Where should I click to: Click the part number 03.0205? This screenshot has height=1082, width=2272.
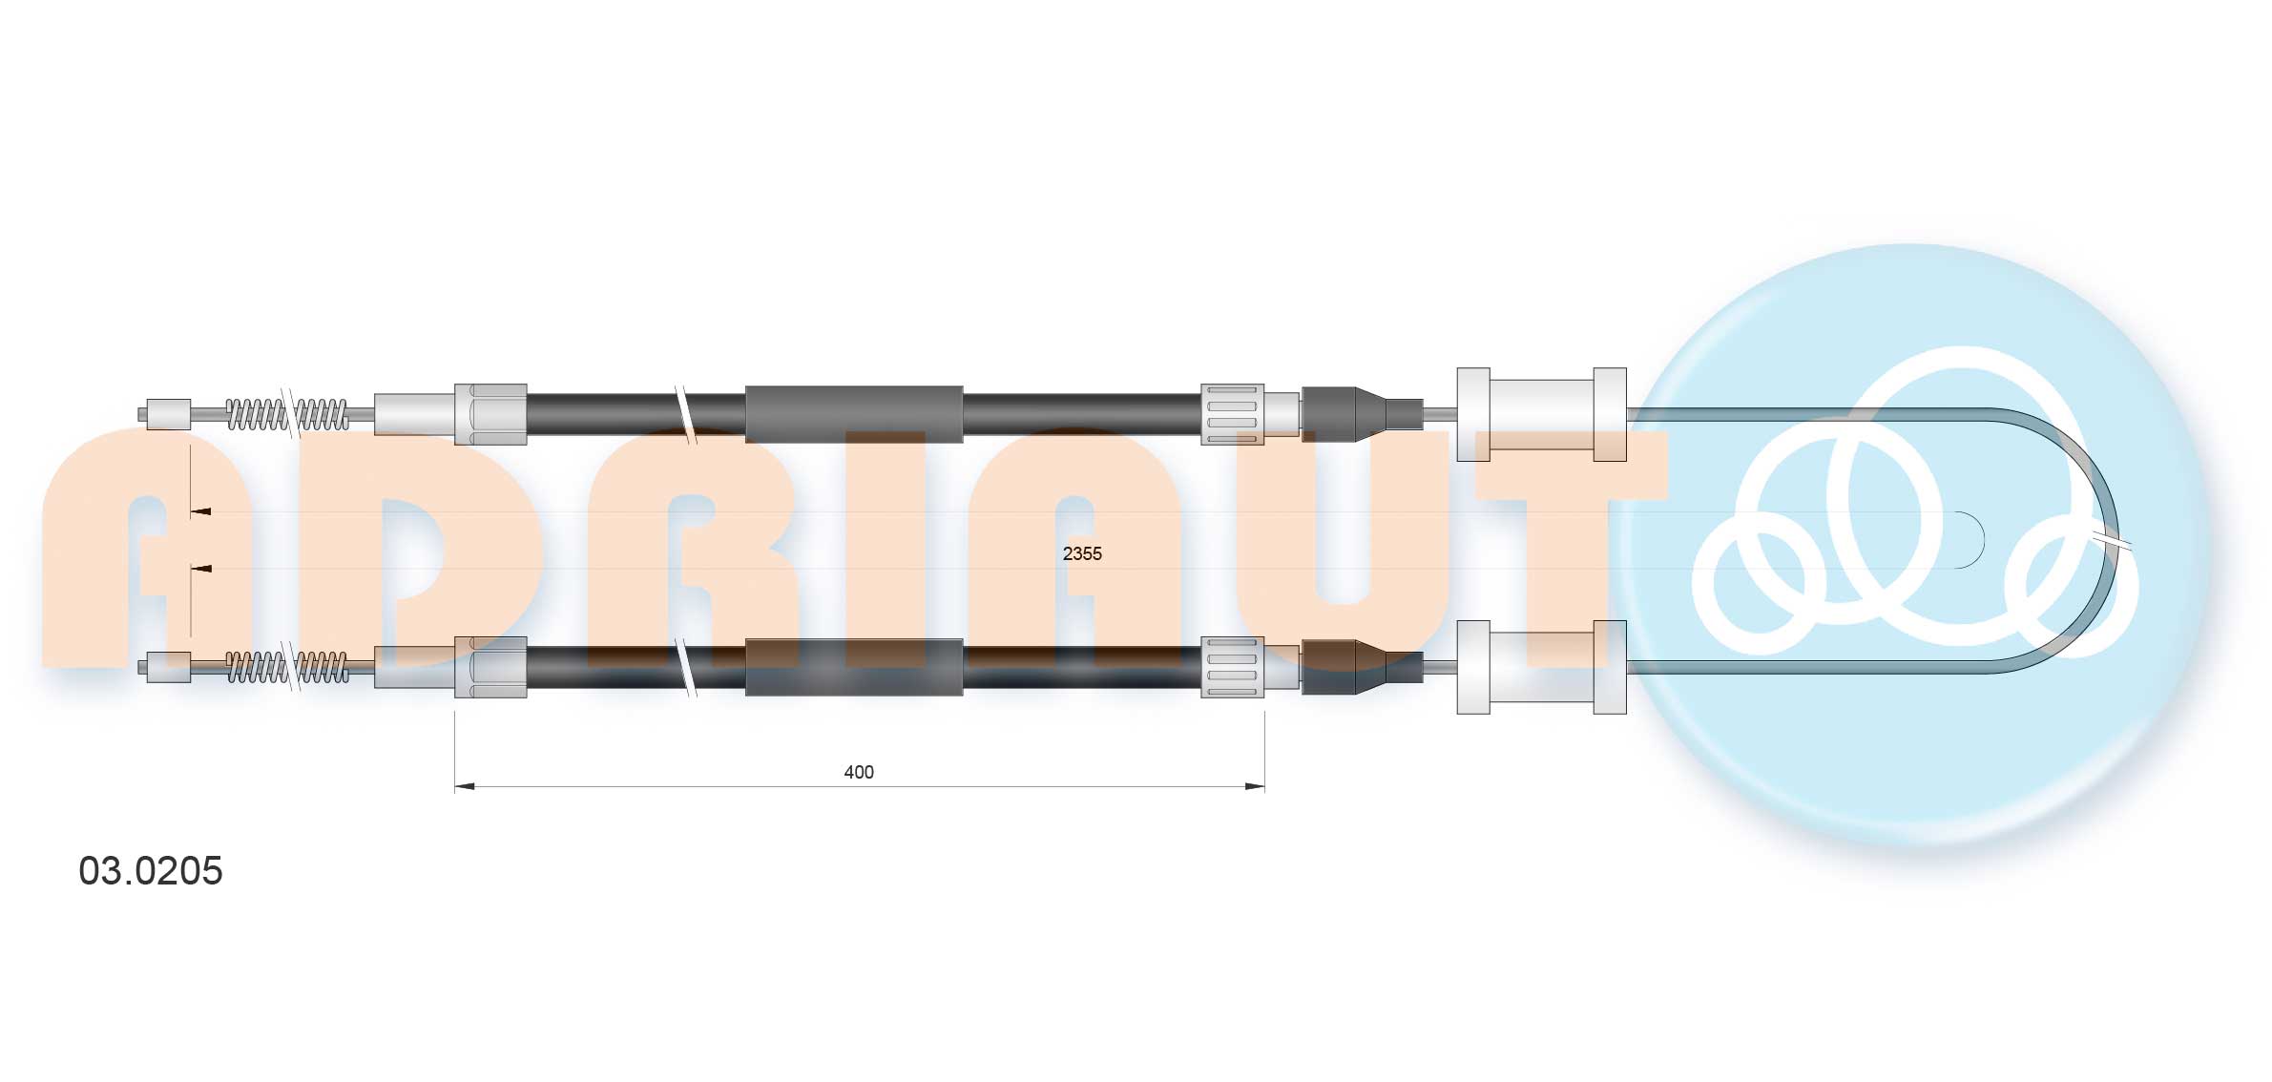151,870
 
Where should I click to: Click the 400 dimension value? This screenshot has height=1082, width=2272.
858,772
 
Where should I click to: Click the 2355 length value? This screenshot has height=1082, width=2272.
1081,553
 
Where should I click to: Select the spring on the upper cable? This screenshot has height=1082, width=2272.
286,414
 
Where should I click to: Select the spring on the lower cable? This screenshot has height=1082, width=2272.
286,667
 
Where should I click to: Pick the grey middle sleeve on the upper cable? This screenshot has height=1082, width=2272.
853,414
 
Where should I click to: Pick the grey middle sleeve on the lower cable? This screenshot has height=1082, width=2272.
853,667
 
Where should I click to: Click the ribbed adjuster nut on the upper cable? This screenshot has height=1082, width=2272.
1232,414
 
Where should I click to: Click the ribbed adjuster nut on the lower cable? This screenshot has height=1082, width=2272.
1232,667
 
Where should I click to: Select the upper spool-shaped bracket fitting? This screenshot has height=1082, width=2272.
1541,414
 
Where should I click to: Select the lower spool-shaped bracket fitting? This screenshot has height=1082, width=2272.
1541,667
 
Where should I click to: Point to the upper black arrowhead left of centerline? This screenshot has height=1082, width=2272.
201,512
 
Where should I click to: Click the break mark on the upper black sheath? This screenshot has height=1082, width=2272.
685,414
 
